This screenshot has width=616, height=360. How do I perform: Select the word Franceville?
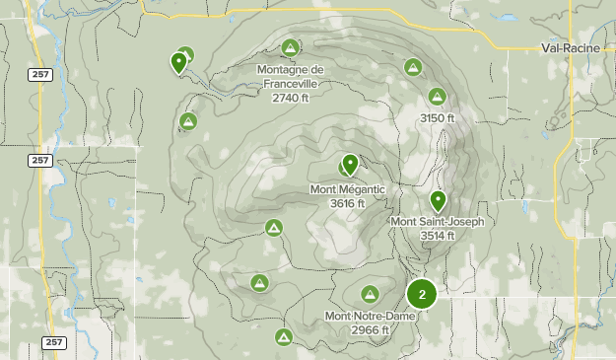[290, 84]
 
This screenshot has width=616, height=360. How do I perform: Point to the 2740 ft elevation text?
[290, 98]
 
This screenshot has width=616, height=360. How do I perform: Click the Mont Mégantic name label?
[347, 189]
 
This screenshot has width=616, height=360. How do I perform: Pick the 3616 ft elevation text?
[347, 203]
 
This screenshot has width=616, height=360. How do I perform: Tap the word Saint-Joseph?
[450, 222]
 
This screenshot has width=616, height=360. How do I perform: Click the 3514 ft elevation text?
[437, 235]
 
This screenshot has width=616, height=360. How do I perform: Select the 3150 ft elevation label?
[438, 118]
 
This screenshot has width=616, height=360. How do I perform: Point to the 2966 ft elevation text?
[370, 329]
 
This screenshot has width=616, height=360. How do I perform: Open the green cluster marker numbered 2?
[422, 293]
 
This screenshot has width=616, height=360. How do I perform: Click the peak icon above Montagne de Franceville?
[290, 47]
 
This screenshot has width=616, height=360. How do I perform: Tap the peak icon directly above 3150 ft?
[437, 97]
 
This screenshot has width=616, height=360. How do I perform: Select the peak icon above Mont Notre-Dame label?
[370, 294]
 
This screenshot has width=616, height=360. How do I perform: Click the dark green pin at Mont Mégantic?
[349, 164]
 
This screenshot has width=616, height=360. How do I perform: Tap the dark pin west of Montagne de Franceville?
[178, 62]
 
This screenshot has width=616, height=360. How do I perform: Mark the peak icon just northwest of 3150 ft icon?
[413, 67]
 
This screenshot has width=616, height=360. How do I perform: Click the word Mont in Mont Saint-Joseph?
[404, 222]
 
